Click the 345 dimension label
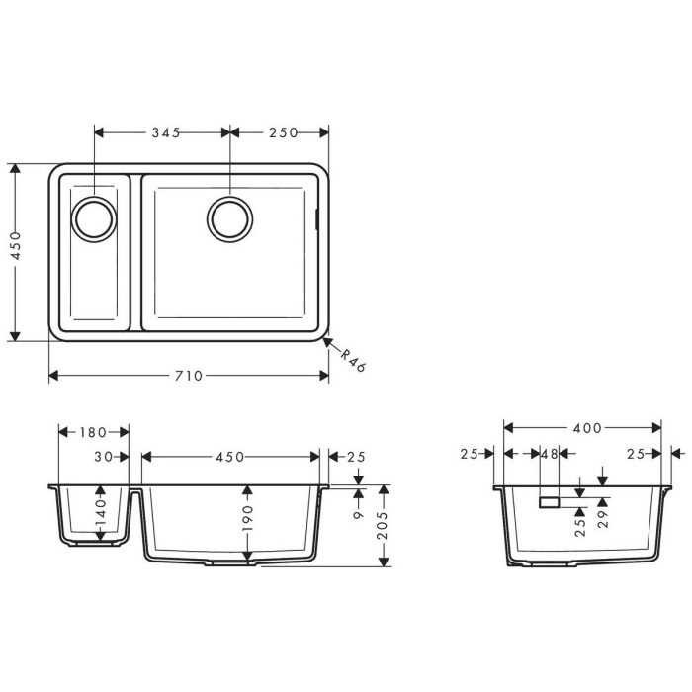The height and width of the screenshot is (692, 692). (x=165, y=132)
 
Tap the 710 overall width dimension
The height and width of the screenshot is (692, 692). (x=188, y=376)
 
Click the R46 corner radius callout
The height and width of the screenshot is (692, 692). (x=353, y=361)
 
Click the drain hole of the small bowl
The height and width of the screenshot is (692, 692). (x=95, y=218)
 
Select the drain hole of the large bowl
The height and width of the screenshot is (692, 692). (x=229, y=217)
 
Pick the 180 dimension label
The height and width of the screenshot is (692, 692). (x=95, y=432)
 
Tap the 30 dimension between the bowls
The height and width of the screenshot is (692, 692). (x=105, y=457)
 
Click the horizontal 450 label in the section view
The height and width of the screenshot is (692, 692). (x=229, y=457)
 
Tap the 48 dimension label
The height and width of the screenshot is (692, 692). (x=550, y=454)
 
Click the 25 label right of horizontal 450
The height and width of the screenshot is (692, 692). (x=356, y=457)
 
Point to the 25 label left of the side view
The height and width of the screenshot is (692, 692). (x=471, y=454)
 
